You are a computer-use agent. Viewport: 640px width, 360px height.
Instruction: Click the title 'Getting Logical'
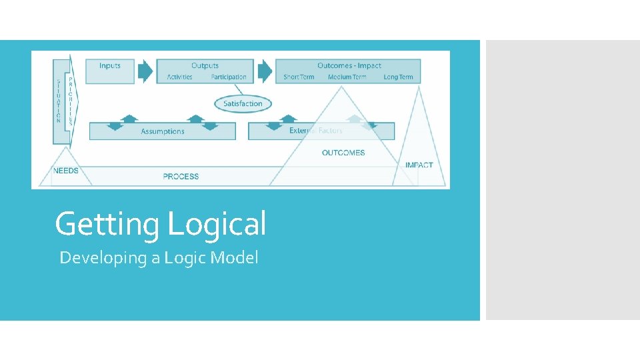pyautogui.click(x=160, y=224)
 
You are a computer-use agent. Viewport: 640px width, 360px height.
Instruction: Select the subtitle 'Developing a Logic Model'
pyautogui.click(x=159, y=258)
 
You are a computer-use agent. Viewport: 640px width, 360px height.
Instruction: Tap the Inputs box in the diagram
pyautogui.click(x=110, y=71)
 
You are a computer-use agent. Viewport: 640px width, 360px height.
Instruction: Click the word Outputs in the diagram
pyautogui.click(x=205, y=65)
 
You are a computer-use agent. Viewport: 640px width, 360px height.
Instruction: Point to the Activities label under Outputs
pyautogui.click(x=180, y=77)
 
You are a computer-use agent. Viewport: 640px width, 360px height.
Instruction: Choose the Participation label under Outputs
pyautogui.click(x=229, y=77)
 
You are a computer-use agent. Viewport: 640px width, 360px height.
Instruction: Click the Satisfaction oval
pyautogui.click(x=243, y=103)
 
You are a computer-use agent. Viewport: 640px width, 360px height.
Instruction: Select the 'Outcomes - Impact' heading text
pyautogui.click(x=349, y=65)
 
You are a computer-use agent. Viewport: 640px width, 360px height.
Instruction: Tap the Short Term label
pyautogui.click(x=299, y=77)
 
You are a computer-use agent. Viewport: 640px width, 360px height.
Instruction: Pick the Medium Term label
pyautogui.click(x=347, y=77)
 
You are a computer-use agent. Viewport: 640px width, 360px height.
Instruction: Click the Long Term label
pyautogui.click(x=398, y=77)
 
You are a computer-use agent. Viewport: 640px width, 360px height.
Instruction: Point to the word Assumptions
pyautogui.click(x=163, y=131)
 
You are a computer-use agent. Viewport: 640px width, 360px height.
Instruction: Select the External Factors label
pyautogui.click(x=316, y=131)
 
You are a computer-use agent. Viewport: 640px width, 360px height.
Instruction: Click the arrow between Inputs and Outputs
pyautogui.click(x=145, y=71)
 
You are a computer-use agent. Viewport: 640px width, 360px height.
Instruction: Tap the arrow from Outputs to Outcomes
pyautogui.click(x=265, y=71)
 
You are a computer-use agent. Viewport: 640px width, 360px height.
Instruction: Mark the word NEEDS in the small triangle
pyautogui.click(x=65, y=171)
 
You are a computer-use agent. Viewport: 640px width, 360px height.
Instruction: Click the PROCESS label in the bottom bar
pyautogui.click(x=181, y=177)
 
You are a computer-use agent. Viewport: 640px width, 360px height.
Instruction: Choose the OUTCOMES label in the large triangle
pyautogui.click(x=343, y=153)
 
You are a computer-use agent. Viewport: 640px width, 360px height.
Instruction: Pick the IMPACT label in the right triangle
pyautogui.click(x=419, y=165)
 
